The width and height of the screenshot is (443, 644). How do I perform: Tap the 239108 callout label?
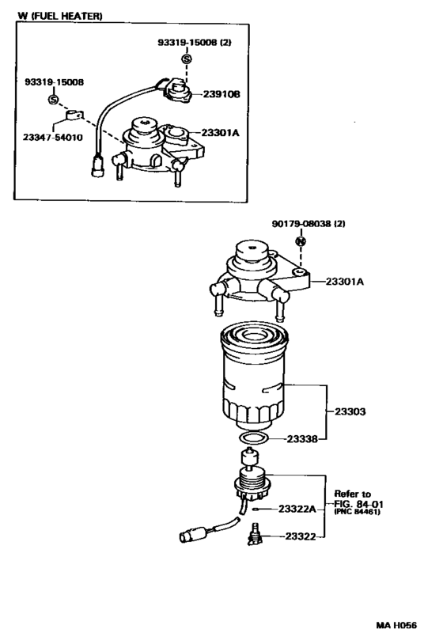coord(221,93)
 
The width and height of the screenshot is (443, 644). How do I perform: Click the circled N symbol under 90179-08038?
coord(301,241)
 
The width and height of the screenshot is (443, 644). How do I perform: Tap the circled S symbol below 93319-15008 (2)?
coord(186,59)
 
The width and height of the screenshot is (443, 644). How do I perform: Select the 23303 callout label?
coord(350,411)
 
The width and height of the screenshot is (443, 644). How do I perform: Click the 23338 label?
coord(302,438)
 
